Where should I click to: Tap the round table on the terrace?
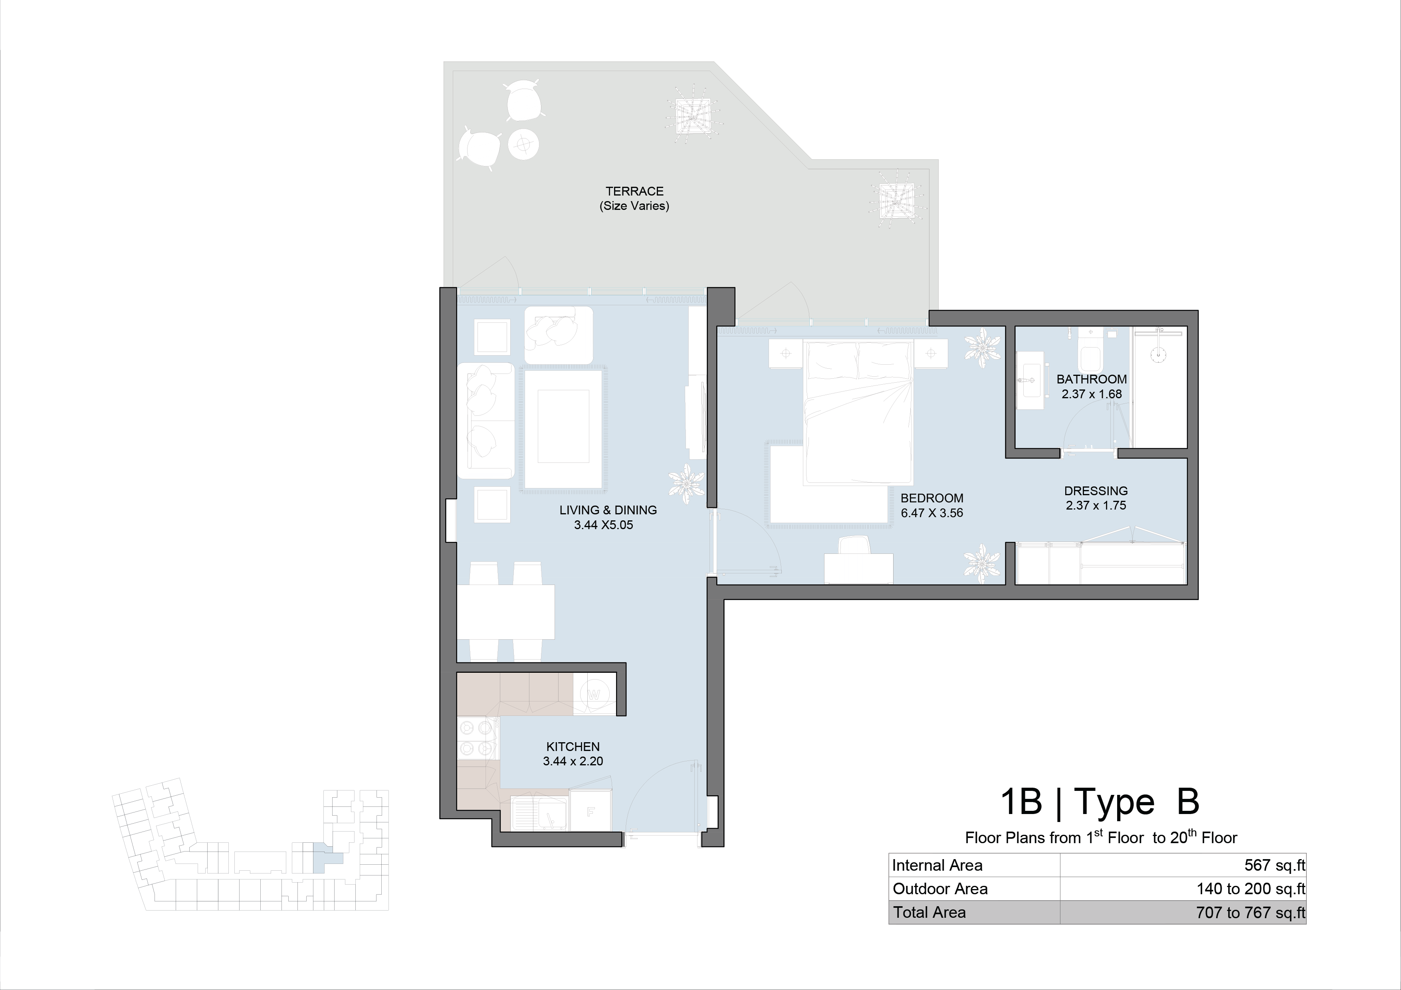[x=523, y=144]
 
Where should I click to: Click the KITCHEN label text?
[x=573, y=747]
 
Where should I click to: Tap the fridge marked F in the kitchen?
[x=590, y=811]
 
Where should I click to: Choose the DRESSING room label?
[x=1096, y=490]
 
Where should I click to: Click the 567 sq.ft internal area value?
[x=1275, y=865]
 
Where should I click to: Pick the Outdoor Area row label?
[x=940, y=889]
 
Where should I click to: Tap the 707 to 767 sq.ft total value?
[x=1251, y=913]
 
